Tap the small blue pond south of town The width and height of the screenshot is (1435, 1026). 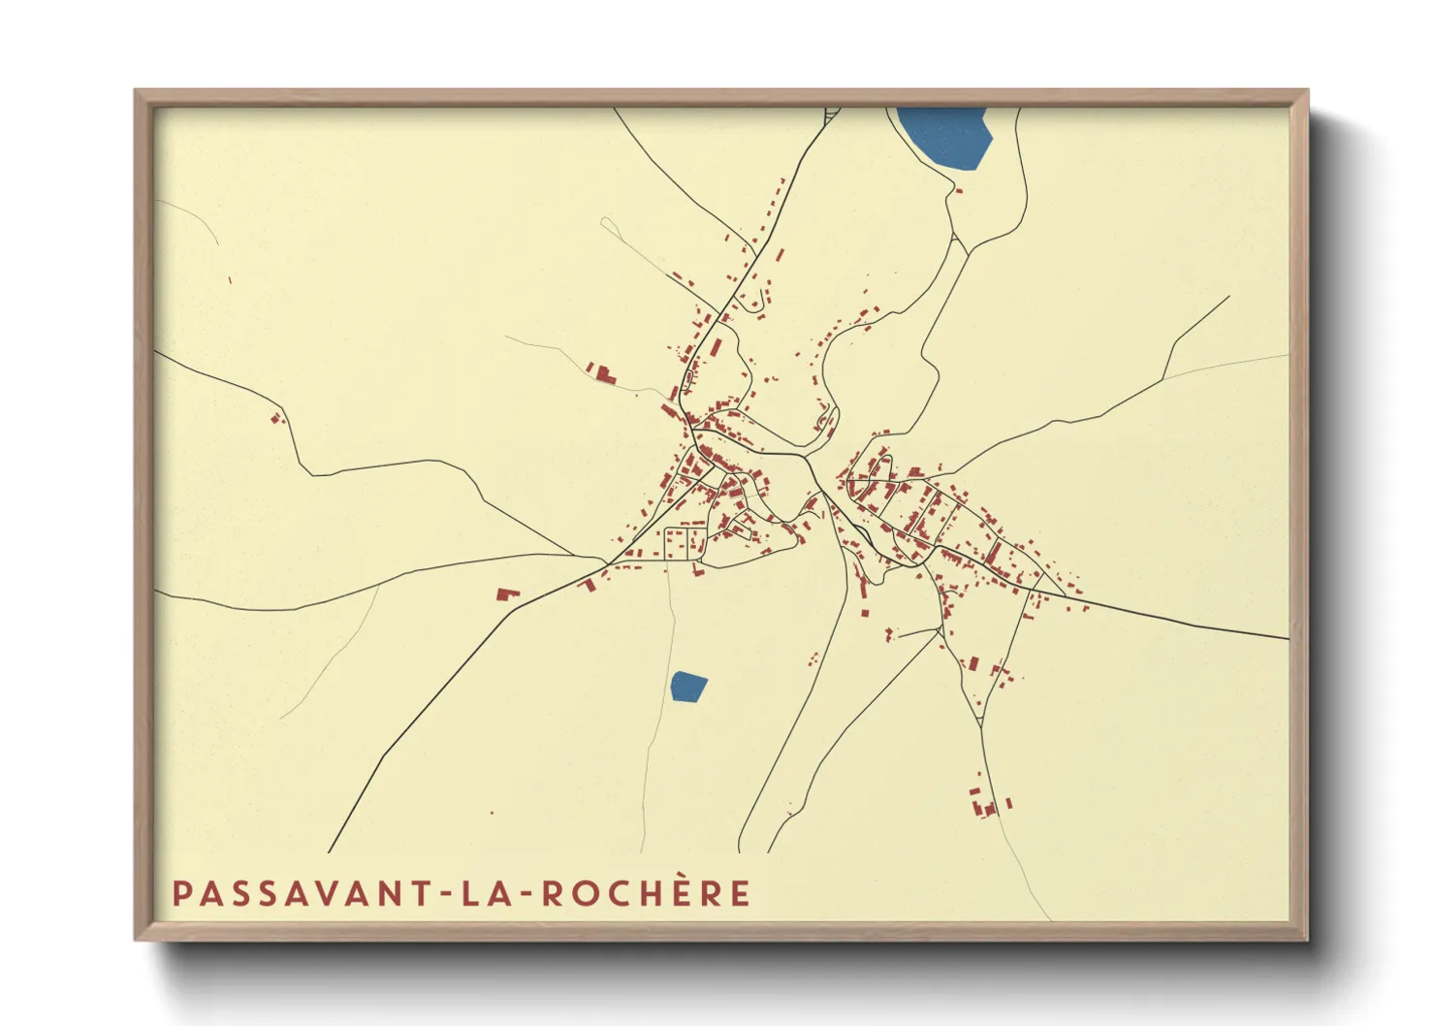[687, 687]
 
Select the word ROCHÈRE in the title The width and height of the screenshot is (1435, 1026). [646, 893]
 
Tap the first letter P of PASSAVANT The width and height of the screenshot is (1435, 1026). [181, 894]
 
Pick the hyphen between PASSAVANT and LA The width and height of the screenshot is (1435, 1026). [447, 894]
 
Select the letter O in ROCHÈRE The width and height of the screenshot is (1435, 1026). [586, 894]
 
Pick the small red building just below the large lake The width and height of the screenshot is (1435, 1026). [959, 191]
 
